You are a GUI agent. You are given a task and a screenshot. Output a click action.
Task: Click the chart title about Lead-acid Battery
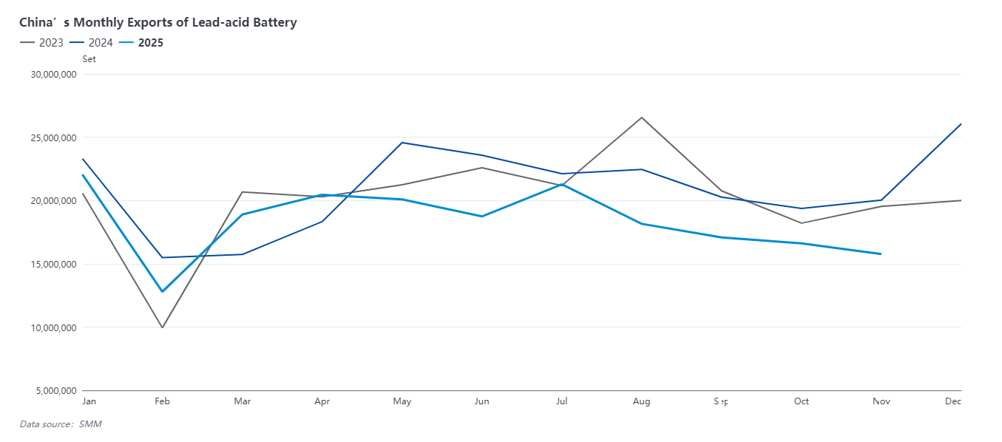(x=158, y=22)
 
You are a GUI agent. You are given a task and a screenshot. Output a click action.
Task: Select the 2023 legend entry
(x=42, y=43)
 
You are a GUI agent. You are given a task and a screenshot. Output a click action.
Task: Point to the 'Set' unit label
(x=89, y=59)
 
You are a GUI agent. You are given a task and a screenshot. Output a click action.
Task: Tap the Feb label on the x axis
(x=162, y=401)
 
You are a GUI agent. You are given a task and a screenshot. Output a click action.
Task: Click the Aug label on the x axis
(x=641, y=401)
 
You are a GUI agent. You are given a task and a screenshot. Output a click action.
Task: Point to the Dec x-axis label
(x=953, y=401)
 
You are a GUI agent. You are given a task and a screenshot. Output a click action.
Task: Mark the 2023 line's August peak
(x=642, y=118)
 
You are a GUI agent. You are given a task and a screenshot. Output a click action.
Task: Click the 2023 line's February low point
(x=162, y=327)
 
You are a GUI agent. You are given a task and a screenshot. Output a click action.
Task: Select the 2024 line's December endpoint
(x=961, y=124)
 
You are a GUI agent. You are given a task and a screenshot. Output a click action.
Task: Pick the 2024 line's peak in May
(x=402, y=143)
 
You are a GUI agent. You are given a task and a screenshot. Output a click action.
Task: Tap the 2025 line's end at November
(x=881, y=254)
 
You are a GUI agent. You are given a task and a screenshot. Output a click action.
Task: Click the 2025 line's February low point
(x=162, y=291)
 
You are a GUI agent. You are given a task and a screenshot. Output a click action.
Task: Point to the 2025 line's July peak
(x=562, y=184)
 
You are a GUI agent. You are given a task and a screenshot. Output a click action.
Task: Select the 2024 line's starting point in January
(x=83, y=159)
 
